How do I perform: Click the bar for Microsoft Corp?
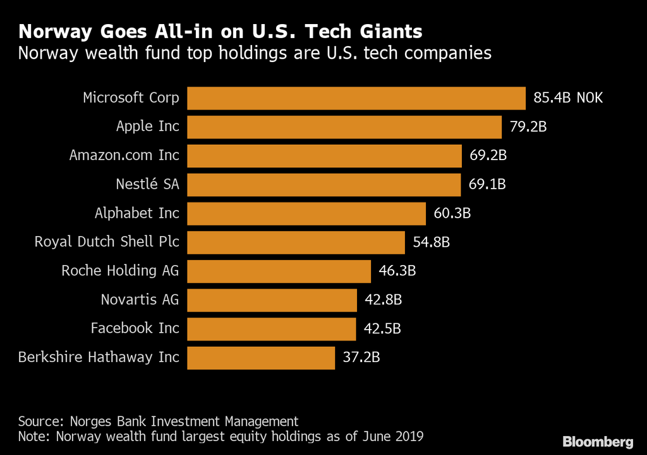(356, 98)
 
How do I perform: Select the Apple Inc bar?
(344, 127)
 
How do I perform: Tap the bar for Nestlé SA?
(324, 184)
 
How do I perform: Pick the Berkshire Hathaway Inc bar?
(261, 357)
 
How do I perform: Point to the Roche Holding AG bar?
(279, 271)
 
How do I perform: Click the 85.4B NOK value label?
(568, 98)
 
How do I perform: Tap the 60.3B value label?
(452, 213)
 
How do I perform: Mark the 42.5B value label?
(382, 328)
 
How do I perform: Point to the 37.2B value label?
(361, 357)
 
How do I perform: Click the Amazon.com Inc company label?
(124, 155)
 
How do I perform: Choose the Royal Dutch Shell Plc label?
(107, 242)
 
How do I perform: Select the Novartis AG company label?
(140, 299)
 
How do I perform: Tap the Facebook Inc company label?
(135, 328)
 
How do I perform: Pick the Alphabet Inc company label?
(137, 213)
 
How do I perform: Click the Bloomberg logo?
(598, 440)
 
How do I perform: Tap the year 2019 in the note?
(408, 436)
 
